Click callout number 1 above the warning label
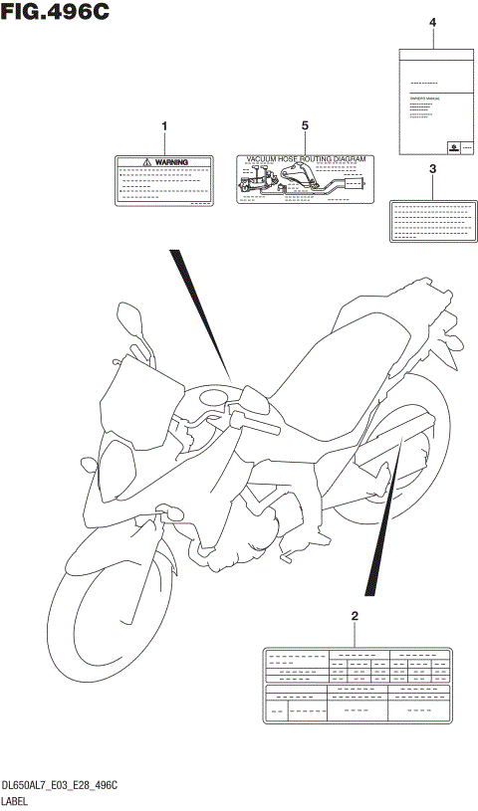pyautogui.click(x=164, y=125)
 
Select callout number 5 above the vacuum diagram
pyautogui.click(x=305, y=125)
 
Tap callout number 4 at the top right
pyautogui.click(x=432, y=22)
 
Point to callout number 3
pyautogui.click(x=432, y=169)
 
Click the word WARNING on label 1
pyautogui.click(x=170, y=160)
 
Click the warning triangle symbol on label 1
pyautogui.click(x=146, y=160)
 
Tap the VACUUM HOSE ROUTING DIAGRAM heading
pyautogui.click(x=307, y=158)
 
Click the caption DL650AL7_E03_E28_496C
pyautogui.click(x=61, y=786)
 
